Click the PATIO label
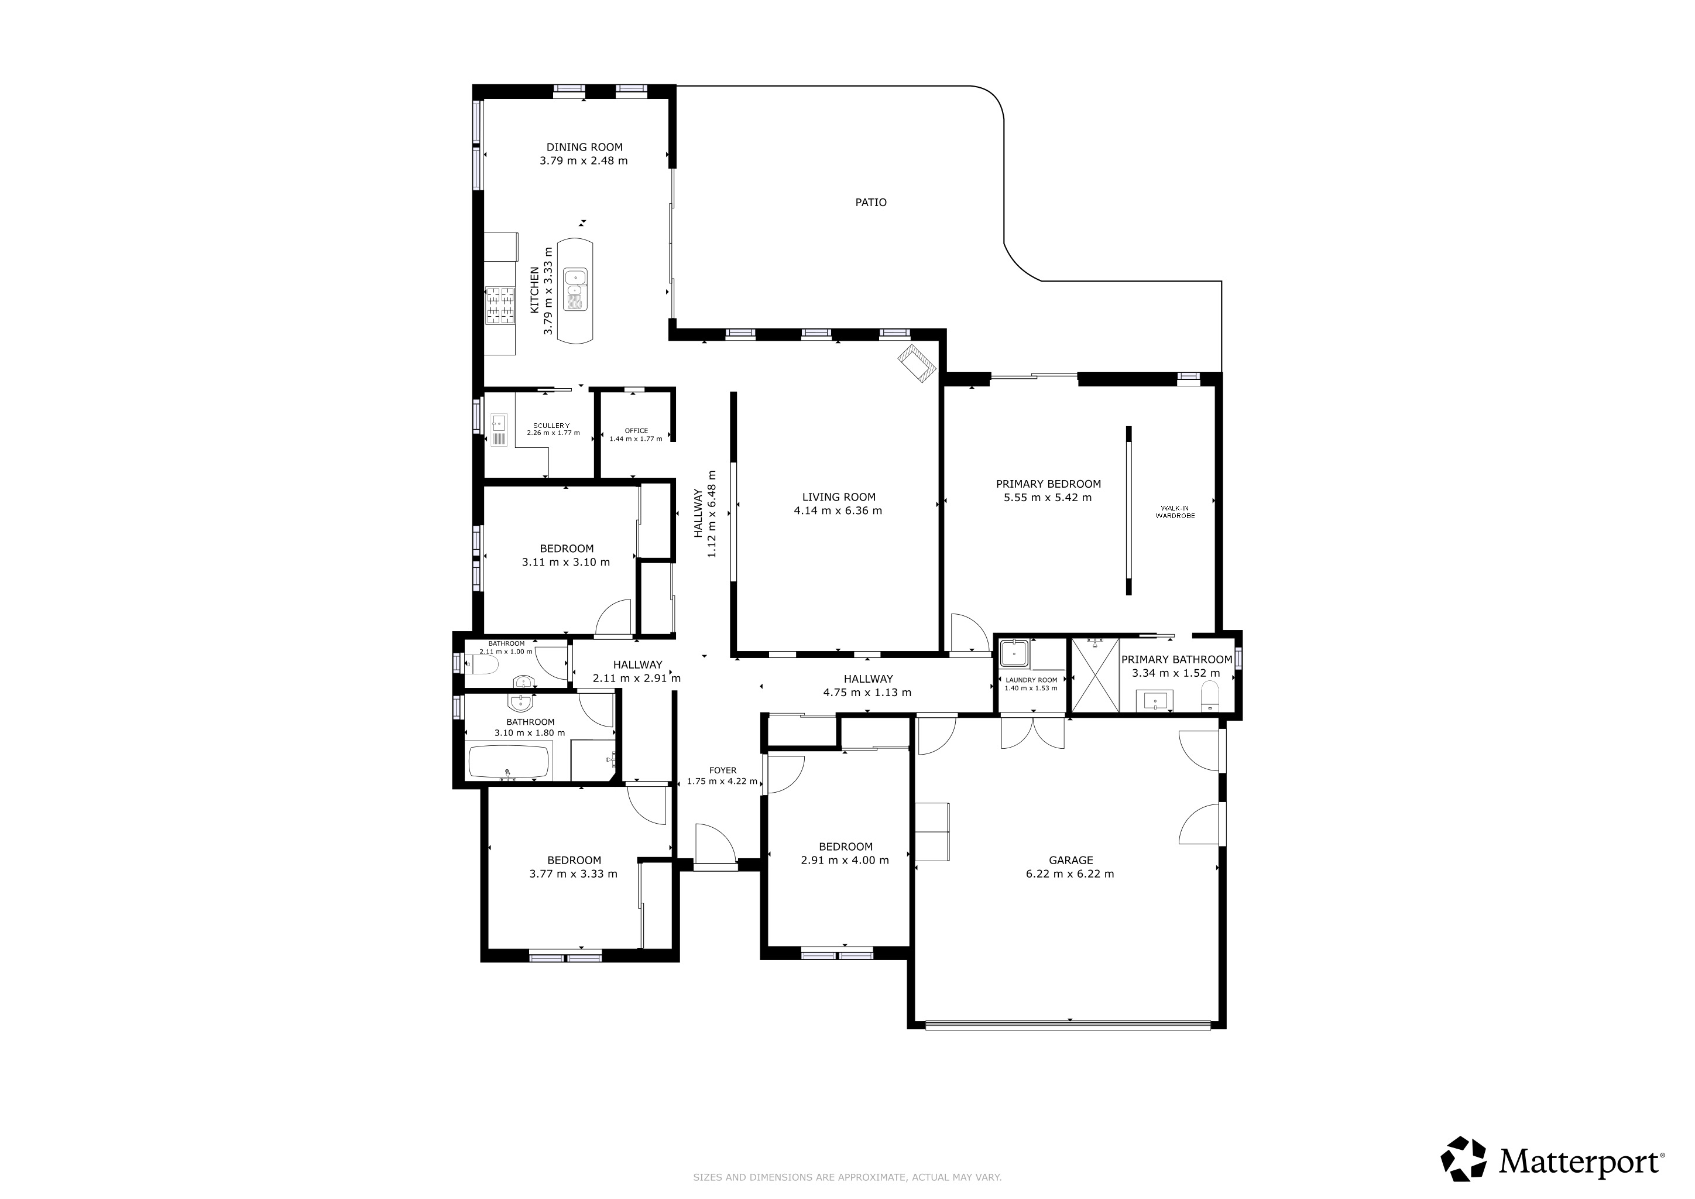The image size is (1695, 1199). (x=870, y=203)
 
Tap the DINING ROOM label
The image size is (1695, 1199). (x=584, y=147)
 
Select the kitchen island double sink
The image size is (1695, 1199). (x=575, y=290)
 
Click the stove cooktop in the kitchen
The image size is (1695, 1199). (x=499, y=306)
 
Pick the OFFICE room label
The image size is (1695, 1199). (x=636, y=430)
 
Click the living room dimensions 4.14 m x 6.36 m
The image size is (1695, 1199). (x=838, y=510)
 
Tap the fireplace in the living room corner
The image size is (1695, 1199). (x=917, y=363)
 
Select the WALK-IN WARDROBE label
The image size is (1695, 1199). (x=1175, y=512)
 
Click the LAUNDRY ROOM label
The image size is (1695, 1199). (x=1031, y=680)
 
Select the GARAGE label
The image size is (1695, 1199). (x=1070, y=860)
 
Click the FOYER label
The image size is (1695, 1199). (x=723, y=770)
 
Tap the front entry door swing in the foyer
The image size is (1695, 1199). (x=715, y=843)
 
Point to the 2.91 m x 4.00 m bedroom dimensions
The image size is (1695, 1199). (x=845, y=860)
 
